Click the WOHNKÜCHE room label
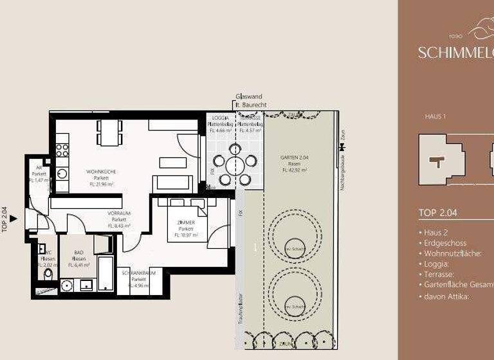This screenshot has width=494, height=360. pyautogui.click(x=101, y=172)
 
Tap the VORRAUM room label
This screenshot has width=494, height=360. pyautogui.click(x=119, y=213)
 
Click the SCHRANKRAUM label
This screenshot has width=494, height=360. pyautogui.click(x=138, y=273)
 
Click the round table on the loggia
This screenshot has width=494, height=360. pyautogui.click(x=235, y=165)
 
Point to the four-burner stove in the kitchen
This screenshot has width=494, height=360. pyautogui.click(x=62, y=150)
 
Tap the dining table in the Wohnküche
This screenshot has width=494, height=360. pyautogui.click(x=109, y=132)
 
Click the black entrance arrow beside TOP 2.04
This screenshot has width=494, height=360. pyautogui.click(x=14, y=219)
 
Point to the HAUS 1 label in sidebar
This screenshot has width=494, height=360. pyautogui.click(x=435, y=116)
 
